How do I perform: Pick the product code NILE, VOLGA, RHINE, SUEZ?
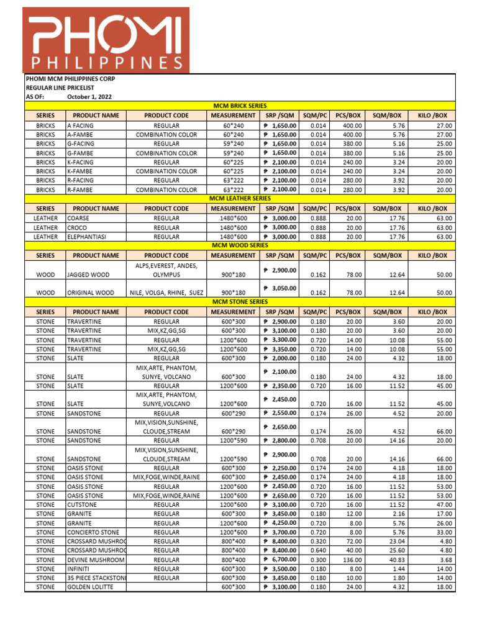166,293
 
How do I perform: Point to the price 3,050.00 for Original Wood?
280,288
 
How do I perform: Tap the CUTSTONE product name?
83,505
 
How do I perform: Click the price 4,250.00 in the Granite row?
280,523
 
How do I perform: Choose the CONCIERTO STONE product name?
93,532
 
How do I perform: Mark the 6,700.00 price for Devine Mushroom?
280,560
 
